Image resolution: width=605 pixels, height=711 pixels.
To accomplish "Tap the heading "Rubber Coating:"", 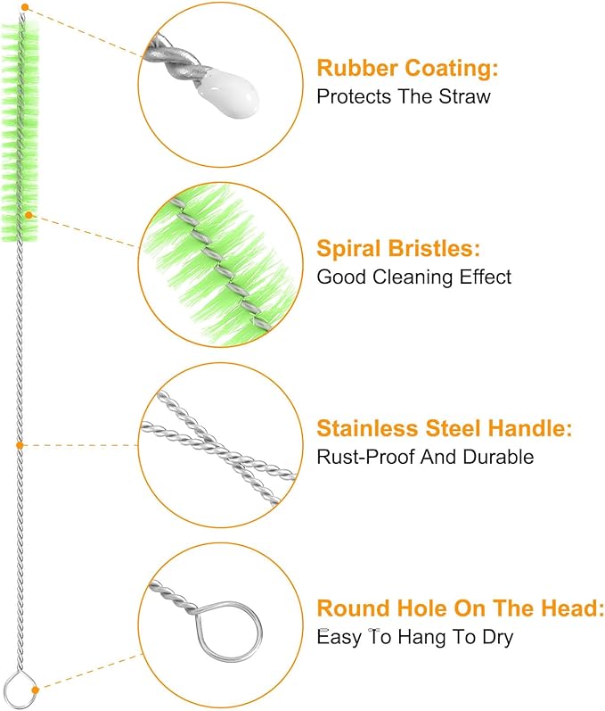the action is click(407, 68).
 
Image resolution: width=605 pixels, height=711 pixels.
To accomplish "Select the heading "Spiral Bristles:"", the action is click(398, 249).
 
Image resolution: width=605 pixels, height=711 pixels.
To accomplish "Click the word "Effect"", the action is click(486, 277).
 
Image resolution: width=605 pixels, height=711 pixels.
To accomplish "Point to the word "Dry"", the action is click(497, 637).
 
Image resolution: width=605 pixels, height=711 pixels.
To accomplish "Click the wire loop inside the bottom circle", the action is click(198, 631).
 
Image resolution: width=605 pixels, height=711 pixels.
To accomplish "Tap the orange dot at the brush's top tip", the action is click(25, 7).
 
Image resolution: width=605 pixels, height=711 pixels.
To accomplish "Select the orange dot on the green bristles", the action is click(29, 214).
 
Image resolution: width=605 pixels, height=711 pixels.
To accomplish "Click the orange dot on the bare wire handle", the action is click(20, 445).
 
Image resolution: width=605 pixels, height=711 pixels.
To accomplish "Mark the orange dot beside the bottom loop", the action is click(36, 690).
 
